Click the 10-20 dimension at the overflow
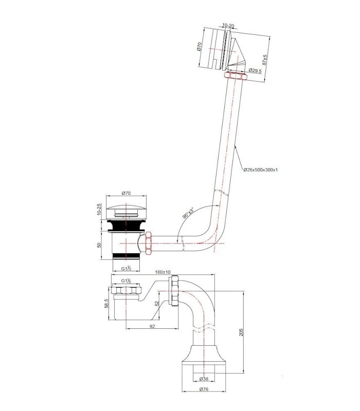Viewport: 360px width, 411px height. (228, 26)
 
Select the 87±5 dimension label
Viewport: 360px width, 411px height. (265, 60)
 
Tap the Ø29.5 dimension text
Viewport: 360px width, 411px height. (255, 70)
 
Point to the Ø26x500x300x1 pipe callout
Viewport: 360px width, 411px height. (260, 170)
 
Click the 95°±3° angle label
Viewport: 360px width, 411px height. (188, 213)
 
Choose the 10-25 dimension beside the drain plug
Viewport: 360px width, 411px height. (99, 209)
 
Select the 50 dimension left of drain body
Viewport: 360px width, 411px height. (99, 246)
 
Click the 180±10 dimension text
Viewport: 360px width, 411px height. (163, 272)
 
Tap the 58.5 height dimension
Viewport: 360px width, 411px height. (106, 304)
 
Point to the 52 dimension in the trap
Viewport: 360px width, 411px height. (157, 303)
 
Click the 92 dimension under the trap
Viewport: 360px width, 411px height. (152, 326)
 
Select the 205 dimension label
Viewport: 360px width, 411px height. (241, 332)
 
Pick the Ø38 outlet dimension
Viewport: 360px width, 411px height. (204, 379)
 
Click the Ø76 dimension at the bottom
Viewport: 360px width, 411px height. (204, 389)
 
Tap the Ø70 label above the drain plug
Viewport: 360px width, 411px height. (126, 193)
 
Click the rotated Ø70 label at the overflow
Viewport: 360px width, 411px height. (199, 47)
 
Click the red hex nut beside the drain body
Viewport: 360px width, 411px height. (149, 242)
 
